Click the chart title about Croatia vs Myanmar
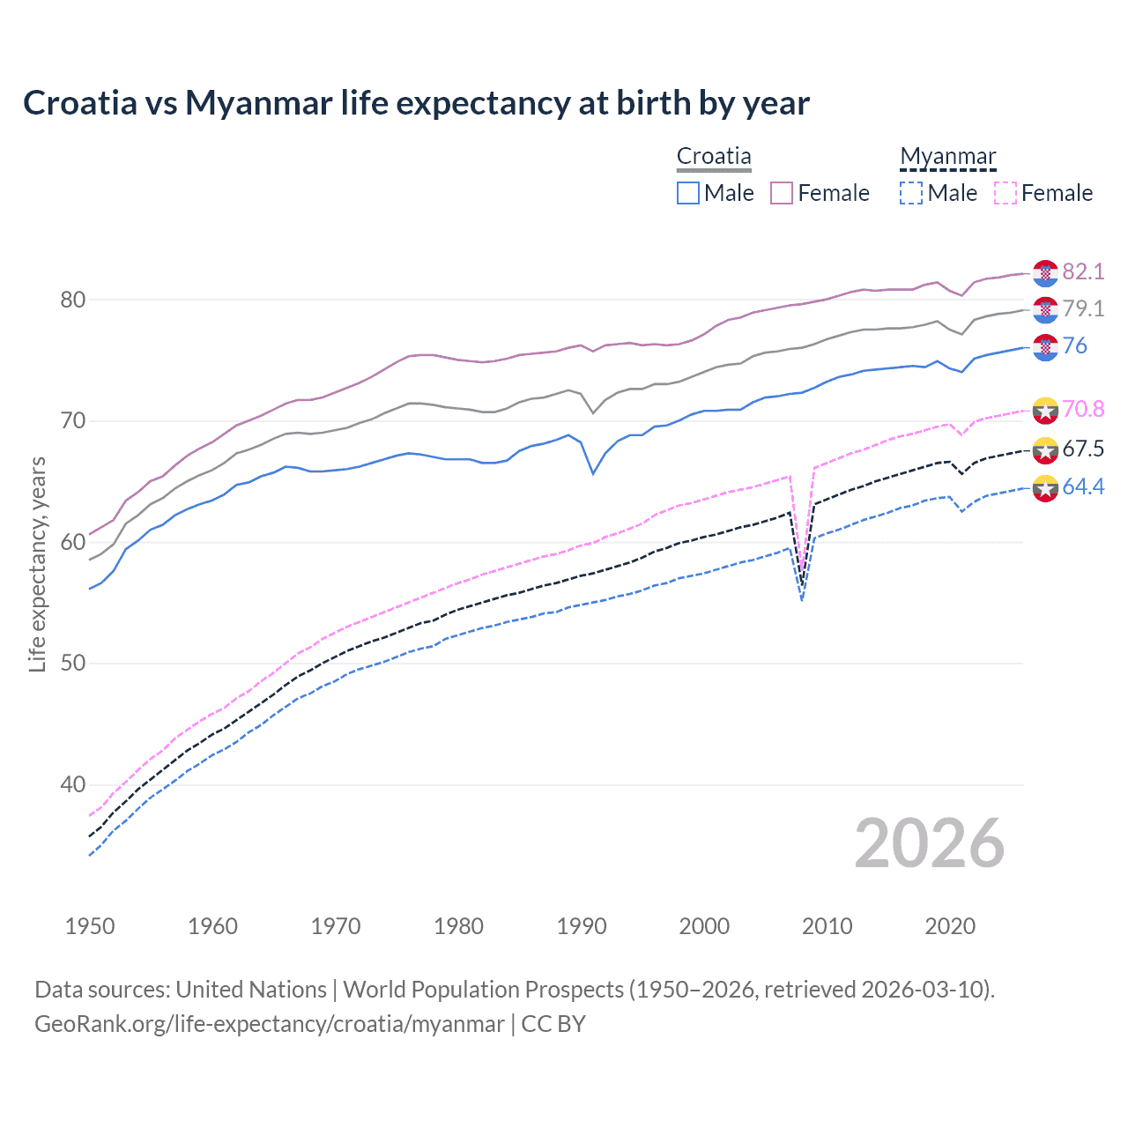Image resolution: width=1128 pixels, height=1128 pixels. pyautogui.click(x=416, y=103)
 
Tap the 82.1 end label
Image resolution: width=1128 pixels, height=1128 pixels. pyautogui.click(x=1083, y=271)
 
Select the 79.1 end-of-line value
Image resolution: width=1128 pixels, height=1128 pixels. pyautogui.click(x=1083, y=308)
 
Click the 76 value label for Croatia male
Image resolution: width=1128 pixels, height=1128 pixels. pyautogui.click(x=1074, y=345)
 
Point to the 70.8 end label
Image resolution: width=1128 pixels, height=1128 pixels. pyautogui.click(x=1083, y=409)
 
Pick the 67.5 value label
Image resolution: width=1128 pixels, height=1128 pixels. pyautogui.click(x=1083, y=449)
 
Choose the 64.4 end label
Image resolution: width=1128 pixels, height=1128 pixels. pyautogui.click(x=1083, y=486)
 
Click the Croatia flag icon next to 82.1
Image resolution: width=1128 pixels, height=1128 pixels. pyautogui.click(x=1045, y=273)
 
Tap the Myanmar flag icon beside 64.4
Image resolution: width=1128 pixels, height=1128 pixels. pyautogui.click(x=1045, y=488)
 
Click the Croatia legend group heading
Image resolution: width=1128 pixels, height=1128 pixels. pyautogui.click(x=714, y=156)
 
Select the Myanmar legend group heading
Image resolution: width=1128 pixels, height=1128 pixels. pyautogui.click(x=947, y=156)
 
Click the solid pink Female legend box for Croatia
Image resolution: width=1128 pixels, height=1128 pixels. pyautogui.click(x=782, y=193)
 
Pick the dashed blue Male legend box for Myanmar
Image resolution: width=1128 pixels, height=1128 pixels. pyautogui.click(x=911, y=193)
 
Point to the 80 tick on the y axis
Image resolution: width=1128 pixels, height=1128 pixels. pyautogui.click(x=73, y=300)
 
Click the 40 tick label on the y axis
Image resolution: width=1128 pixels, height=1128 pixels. pyautogui.click(x=73, y=784)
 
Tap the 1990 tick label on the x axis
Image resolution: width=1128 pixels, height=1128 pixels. pyautogui.click(x=582, y=926)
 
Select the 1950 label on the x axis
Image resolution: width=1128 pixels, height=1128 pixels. pyautogui.click(x=90, y=926)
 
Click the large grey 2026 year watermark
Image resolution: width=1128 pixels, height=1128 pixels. pyautogui.click(x=929, y=843)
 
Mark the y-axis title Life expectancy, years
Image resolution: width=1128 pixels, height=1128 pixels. pyautogui.click(x=37, y=564)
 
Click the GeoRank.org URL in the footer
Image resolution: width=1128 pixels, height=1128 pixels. pyautogui.click(x=269, y=1024)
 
